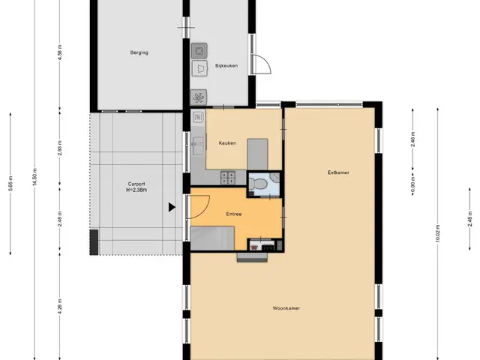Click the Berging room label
coord(139,52)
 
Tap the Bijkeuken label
coord(226,66)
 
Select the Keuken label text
coord(227,143)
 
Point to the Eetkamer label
coord(338,172)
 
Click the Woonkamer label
coord(286,308)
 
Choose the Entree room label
coord(234,214)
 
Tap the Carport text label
coord(136,184)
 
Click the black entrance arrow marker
coord(172,207)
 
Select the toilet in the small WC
coord(258,184)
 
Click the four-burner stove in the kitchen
coord(228,178)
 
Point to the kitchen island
coord(257,154)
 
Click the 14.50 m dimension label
coord(35,177)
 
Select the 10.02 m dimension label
coord(437,233)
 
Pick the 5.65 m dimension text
coord(10,184)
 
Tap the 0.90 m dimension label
coord(412,184)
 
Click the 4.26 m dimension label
coord(60,306)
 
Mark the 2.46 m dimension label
coord(412,139)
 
